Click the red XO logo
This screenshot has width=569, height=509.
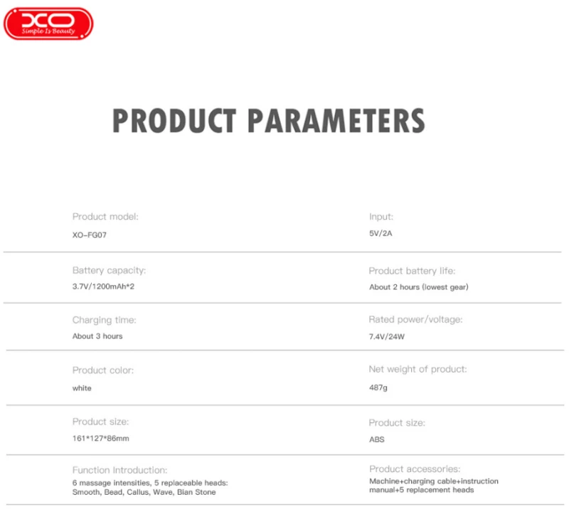tap(48, 23)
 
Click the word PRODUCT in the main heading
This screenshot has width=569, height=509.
tap(174, 121)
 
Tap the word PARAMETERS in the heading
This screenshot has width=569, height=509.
tap(336, 121)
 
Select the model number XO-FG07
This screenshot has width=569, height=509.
tap(90, 235)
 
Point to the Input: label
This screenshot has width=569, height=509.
tap(381, 217)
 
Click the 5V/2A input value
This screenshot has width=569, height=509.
tap(381, 233)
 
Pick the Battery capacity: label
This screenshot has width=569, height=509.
tap(109, 271)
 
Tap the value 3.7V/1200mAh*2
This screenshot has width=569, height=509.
tap(103, 286)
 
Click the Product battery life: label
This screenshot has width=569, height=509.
tap(412, 271)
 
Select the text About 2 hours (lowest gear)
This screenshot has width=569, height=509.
tap(419, 287)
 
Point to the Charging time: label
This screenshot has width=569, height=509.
tap(104, 321)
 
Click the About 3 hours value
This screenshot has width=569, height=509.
tap(97, 336)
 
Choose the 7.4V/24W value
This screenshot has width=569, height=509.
tap(387, 337)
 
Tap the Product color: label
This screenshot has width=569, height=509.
tap(103, 370)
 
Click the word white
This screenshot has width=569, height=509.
tap(82, 388)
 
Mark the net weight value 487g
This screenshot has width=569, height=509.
tap(378, 387)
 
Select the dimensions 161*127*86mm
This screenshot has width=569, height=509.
tap(100, 438)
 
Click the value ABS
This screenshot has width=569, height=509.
tap(377, 439)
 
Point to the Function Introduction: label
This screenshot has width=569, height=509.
tap(119, 470)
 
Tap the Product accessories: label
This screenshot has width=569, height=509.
tap(415, 469)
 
